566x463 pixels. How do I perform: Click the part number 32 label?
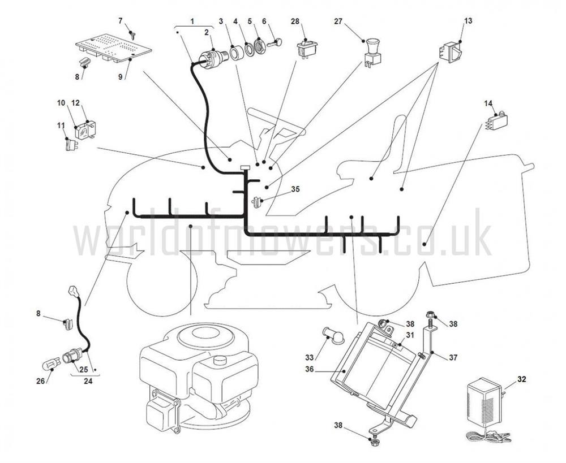tap(522, 379)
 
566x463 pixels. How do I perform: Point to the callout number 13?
tap(468, 21)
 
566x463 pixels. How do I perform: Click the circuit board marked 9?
tap(113, 47)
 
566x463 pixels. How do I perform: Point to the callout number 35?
tap(295, 189)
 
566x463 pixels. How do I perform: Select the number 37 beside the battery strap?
tap(453, 357)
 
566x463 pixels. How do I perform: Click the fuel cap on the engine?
tap(217, 361)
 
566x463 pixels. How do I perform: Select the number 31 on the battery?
tap(410, 335)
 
